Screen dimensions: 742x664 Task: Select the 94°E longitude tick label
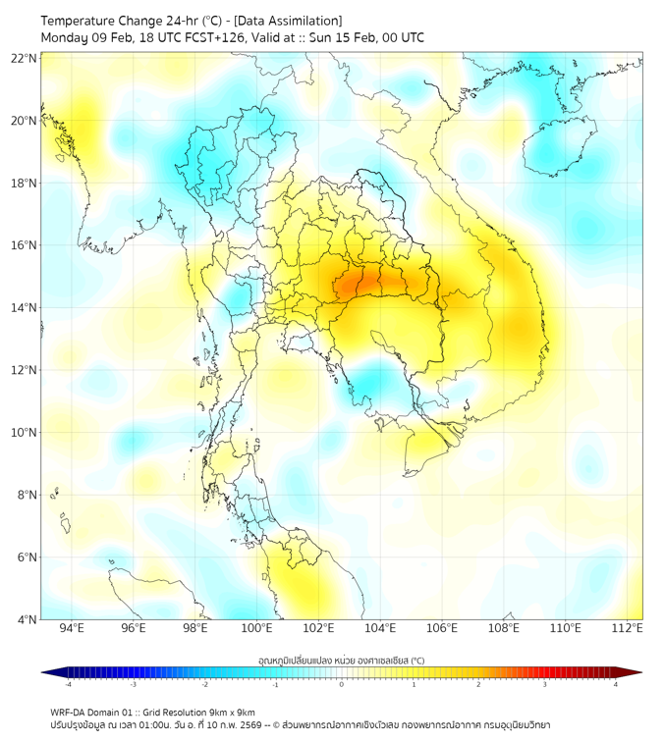(72, 628)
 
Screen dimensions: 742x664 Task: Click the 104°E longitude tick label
(380, 628)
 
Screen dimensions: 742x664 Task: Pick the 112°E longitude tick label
(627, 628)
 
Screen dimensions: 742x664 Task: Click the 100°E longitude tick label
(256, 628)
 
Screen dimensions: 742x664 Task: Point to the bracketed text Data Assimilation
(293, 21)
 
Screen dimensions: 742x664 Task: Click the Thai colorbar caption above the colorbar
(342, 660)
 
